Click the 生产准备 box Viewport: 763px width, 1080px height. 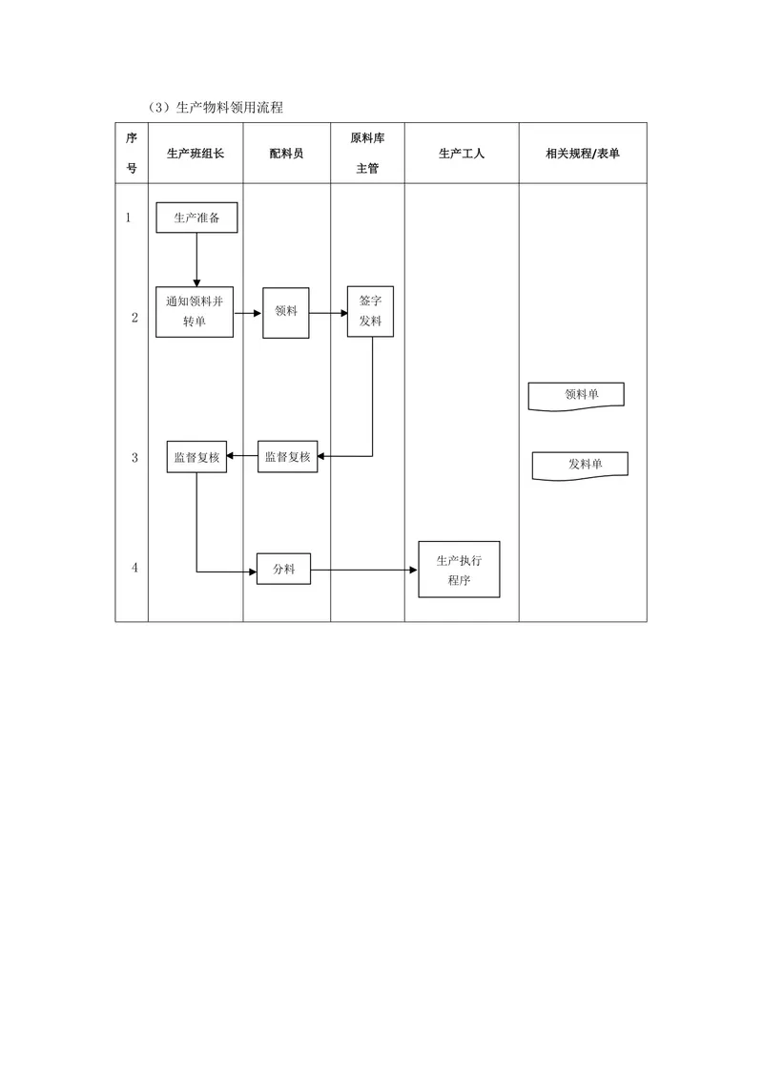(196, 218)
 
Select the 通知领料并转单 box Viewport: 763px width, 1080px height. (195, 312)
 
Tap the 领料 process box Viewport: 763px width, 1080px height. (286, 313)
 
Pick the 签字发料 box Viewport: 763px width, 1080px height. (370, 311)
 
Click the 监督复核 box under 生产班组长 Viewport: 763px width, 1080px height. (196, 457)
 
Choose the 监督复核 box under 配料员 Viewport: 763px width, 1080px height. (288, 457)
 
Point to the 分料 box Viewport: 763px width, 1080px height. (283, 569)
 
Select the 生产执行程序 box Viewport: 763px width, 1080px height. (460, 570)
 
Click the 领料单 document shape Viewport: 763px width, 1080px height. (576, 396)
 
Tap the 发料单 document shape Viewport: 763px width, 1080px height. (580, 466)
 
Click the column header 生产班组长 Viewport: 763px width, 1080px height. (196, 154)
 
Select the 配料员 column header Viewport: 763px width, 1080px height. (286, 154)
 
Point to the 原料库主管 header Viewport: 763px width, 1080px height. (368, 153)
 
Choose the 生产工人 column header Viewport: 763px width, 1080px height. (462, 154)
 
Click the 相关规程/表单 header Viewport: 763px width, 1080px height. (583, 154)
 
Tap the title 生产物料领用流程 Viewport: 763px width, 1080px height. (229, 108)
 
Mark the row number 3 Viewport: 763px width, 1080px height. (135, 457)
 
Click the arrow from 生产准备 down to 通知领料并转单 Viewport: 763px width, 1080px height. (196, 260)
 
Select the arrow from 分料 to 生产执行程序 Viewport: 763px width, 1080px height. (364, 571)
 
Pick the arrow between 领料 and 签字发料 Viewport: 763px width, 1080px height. (328, 313)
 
